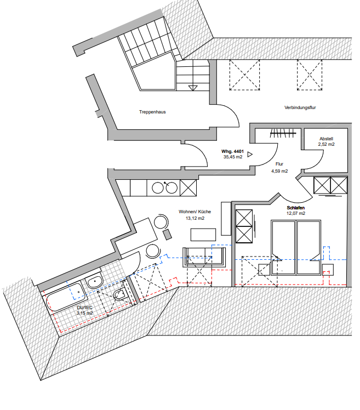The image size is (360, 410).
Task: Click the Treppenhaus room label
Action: pyautogui.click(x=152, y=112)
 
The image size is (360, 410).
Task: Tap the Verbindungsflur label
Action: pyautogui.click(x=300, y=107)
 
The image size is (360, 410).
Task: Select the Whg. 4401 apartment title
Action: pyautogui.click(x=232, y=151)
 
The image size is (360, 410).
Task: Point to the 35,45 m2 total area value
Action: pyautogui.click(x=233, y=157)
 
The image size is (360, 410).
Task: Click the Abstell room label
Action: pyautogui.click(x=326, y=139)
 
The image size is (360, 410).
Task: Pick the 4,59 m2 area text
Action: pyautogui.click(x=279, y=171)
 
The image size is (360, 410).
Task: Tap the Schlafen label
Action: pyautogui.click(x=295, y=208)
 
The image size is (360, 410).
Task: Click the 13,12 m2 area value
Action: pyautogui.click(x=195, y=218)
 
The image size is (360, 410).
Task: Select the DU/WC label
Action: pyautogui.click(x=84, y=307)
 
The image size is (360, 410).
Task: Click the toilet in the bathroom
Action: pyautogui.click(x=121, y=294)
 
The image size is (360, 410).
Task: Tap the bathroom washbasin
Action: pyautogui.click(x=95, y=282)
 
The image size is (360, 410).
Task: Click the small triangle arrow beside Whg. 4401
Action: pyautogui.click(x=250, y=154)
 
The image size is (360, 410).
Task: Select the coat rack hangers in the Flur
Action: pyautogui.click(x=283, y=133)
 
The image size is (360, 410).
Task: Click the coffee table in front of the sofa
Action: pyautogui.click(x=203, y=235)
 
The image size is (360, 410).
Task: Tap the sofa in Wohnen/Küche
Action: pyautogui.click(x=204, y=257)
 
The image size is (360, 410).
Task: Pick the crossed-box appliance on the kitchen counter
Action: pyautogui.click(x=188, y=188)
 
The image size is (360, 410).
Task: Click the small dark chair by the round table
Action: pyautogui.click(x=167, y=234)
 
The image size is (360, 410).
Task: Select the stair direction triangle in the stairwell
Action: pyautogui.click(x=193, y=88)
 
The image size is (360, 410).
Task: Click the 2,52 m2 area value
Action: pyautogui.click(x=326, y=144)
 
